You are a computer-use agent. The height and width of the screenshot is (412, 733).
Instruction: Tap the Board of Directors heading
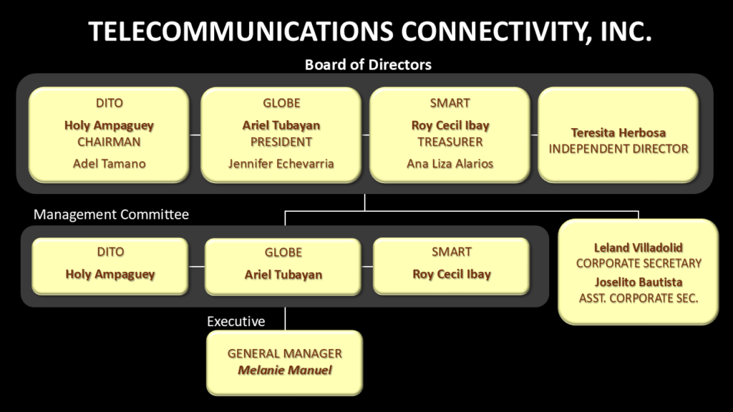coord(368,64)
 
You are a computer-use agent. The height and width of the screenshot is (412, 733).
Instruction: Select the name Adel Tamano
coord(109,164)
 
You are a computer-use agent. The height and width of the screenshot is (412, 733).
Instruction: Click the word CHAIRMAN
coord(109,142)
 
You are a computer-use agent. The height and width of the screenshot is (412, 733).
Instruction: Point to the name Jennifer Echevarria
coord(281,164)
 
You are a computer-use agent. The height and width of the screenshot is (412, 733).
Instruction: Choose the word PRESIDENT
coord(281,142)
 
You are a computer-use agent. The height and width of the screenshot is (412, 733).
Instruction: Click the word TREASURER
coord(450,142)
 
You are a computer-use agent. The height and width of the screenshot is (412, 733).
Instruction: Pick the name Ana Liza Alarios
coord(450,164)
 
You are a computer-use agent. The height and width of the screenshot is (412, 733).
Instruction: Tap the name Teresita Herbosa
coord(618,132)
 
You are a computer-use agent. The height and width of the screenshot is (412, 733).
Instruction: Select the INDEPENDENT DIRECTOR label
coord(618,149)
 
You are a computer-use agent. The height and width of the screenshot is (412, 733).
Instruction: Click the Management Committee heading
coord(111,215)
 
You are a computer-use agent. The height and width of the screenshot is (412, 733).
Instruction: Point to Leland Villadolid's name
coord(639,247)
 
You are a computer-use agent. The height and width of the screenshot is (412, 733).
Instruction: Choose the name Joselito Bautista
coord(639,282)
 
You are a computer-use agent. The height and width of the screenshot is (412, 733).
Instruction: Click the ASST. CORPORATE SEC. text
coord(639,298)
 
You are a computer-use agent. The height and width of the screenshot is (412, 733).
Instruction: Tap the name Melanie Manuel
coord(284,370)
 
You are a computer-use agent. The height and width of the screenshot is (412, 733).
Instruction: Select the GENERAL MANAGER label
coord(284,353)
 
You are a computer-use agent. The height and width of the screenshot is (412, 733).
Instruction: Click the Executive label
coord(236,321)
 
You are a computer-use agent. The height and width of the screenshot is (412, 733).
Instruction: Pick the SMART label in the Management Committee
coord(451,252)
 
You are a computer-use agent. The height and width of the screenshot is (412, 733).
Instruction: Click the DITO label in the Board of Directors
coord(109,103)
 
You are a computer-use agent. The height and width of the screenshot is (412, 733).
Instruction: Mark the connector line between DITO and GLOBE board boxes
coord(195,134)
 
